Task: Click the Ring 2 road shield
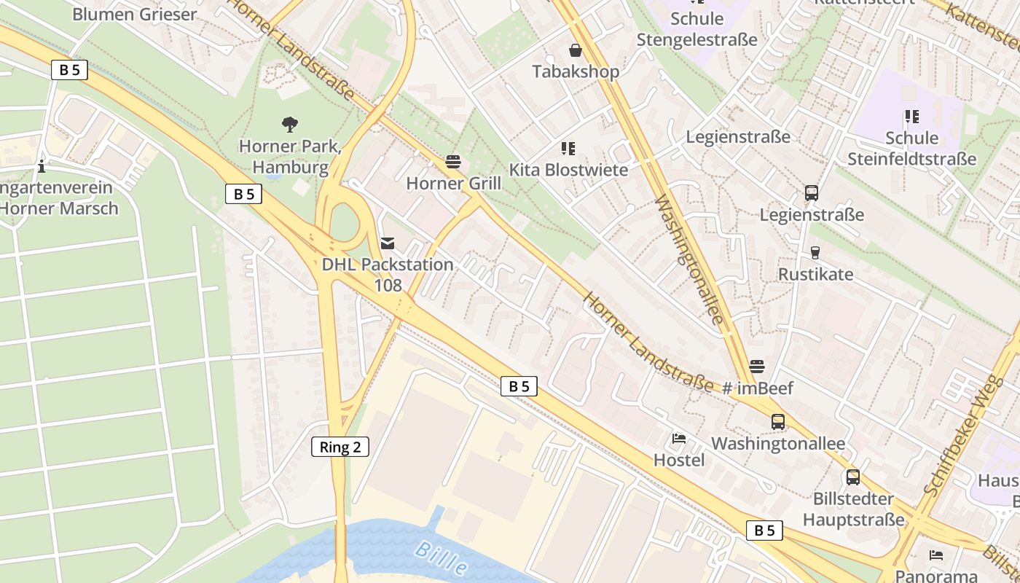340,447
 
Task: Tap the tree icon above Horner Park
290,125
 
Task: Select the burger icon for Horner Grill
453,162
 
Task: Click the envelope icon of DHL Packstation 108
388,243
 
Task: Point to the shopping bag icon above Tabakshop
576,50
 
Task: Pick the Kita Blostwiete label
568,170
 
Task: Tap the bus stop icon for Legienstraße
812,193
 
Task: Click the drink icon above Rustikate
815,253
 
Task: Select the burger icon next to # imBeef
757,366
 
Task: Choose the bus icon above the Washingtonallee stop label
778,421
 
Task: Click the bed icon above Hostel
679,439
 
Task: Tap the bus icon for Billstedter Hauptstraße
852,477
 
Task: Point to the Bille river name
441,557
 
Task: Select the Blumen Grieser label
135,14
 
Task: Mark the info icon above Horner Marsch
42,167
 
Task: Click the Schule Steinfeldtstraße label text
911,149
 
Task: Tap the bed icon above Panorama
936,555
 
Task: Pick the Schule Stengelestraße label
697,29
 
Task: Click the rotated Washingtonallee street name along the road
689,260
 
